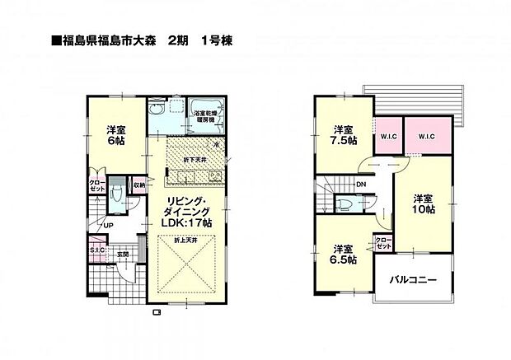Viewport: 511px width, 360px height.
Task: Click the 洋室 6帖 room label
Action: (x=115, y=134)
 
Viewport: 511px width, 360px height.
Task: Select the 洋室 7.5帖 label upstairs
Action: (x=345, y=134)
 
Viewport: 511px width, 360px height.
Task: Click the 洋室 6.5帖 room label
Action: (x=345, y=254)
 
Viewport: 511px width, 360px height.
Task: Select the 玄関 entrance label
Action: (x=121, y=254)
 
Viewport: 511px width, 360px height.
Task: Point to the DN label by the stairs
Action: (x=361, y=185)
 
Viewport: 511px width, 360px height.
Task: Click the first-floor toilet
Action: (x=118, y=194)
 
